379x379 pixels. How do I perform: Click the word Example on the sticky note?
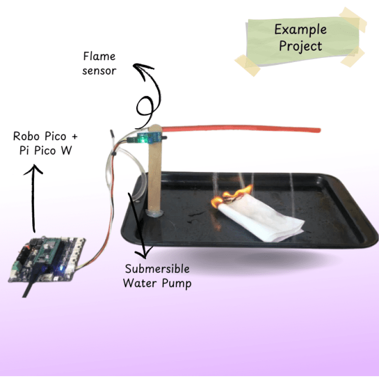click(300, 29)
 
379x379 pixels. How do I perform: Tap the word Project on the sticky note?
click(300, 46)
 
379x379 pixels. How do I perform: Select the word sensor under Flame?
click(99, 71)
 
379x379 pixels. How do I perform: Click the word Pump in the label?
click(176, 283)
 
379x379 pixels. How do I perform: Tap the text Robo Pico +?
click(45, 137)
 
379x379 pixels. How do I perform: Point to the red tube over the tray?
click(246, 129)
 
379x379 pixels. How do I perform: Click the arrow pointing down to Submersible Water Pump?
click(141, 223)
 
